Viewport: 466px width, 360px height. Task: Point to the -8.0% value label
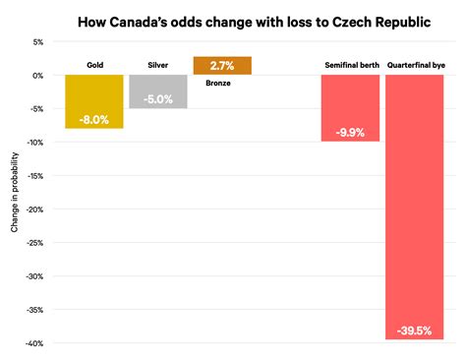pyautogui.click(x=94, y=118)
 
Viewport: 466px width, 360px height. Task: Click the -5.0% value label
pyautogui.click(x=157, y=98)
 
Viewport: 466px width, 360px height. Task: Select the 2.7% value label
pyautogui.click(x=222, y=66)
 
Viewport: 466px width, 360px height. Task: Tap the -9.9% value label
pyautogui.click(x=350, y=131)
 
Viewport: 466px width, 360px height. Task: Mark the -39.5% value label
pyautogui.click(x=414, y=330)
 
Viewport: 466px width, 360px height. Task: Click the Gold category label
pyautogui.click(x=94, y=66)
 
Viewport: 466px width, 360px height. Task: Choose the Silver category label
pyautogui.click(x=157, y=66)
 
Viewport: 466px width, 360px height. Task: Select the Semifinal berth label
pyautogui.click(x=351, y=66)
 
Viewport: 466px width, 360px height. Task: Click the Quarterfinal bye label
pyautogui.click(x=415, y=66)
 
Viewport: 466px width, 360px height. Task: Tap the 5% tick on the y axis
pyautogui.click(x=37, y=42)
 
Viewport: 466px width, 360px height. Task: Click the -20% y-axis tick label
pyautogui.click(x=35, y=210)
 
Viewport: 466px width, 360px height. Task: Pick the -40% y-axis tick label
pyautogui.click(x=35, y=343)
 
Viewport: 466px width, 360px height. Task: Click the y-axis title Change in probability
pyautogui.click(x=14, y=193)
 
